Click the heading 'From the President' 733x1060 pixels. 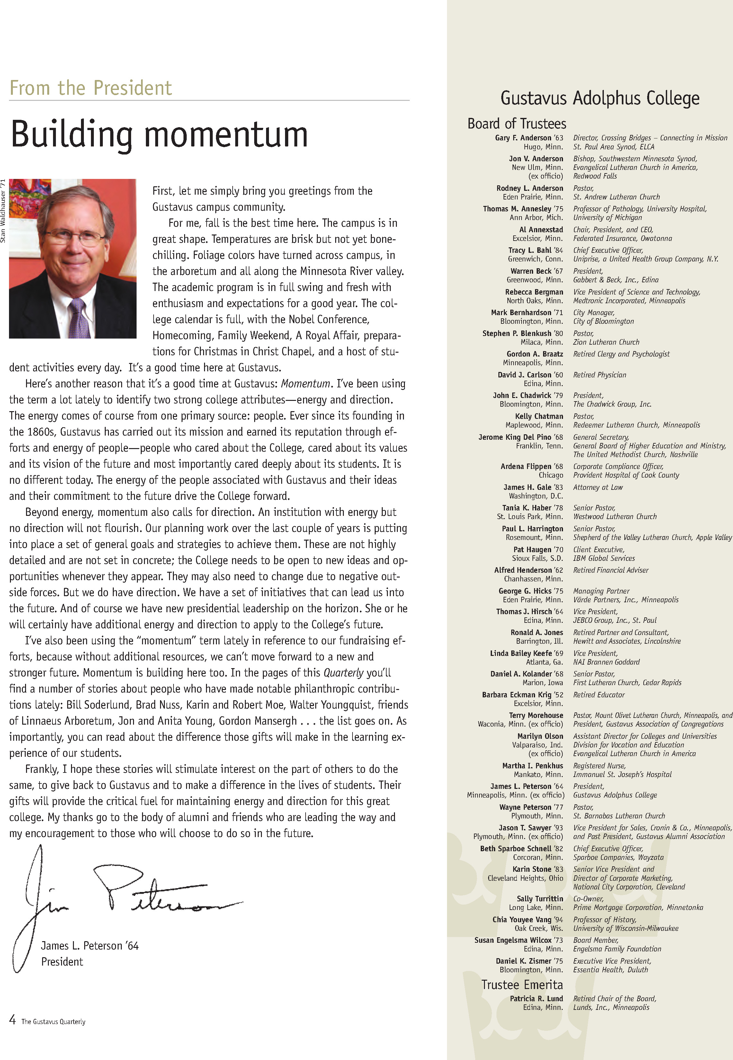click(x=91, y=88)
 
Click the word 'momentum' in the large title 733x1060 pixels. click(x=226, y=135)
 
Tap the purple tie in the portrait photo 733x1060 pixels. click(x=78, y=317)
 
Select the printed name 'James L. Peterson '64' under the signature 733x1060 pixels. click(x=90, y=945)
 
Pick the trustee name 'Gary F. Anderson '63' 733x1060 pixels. click(x=529, y=138)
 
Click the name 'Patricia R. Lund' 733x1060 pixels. click(x=536, y=998)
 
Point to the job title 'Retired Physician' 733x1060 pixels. click(x=599, y=375)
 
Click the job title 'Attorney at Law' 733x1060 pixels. click(x=597, y=487)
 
